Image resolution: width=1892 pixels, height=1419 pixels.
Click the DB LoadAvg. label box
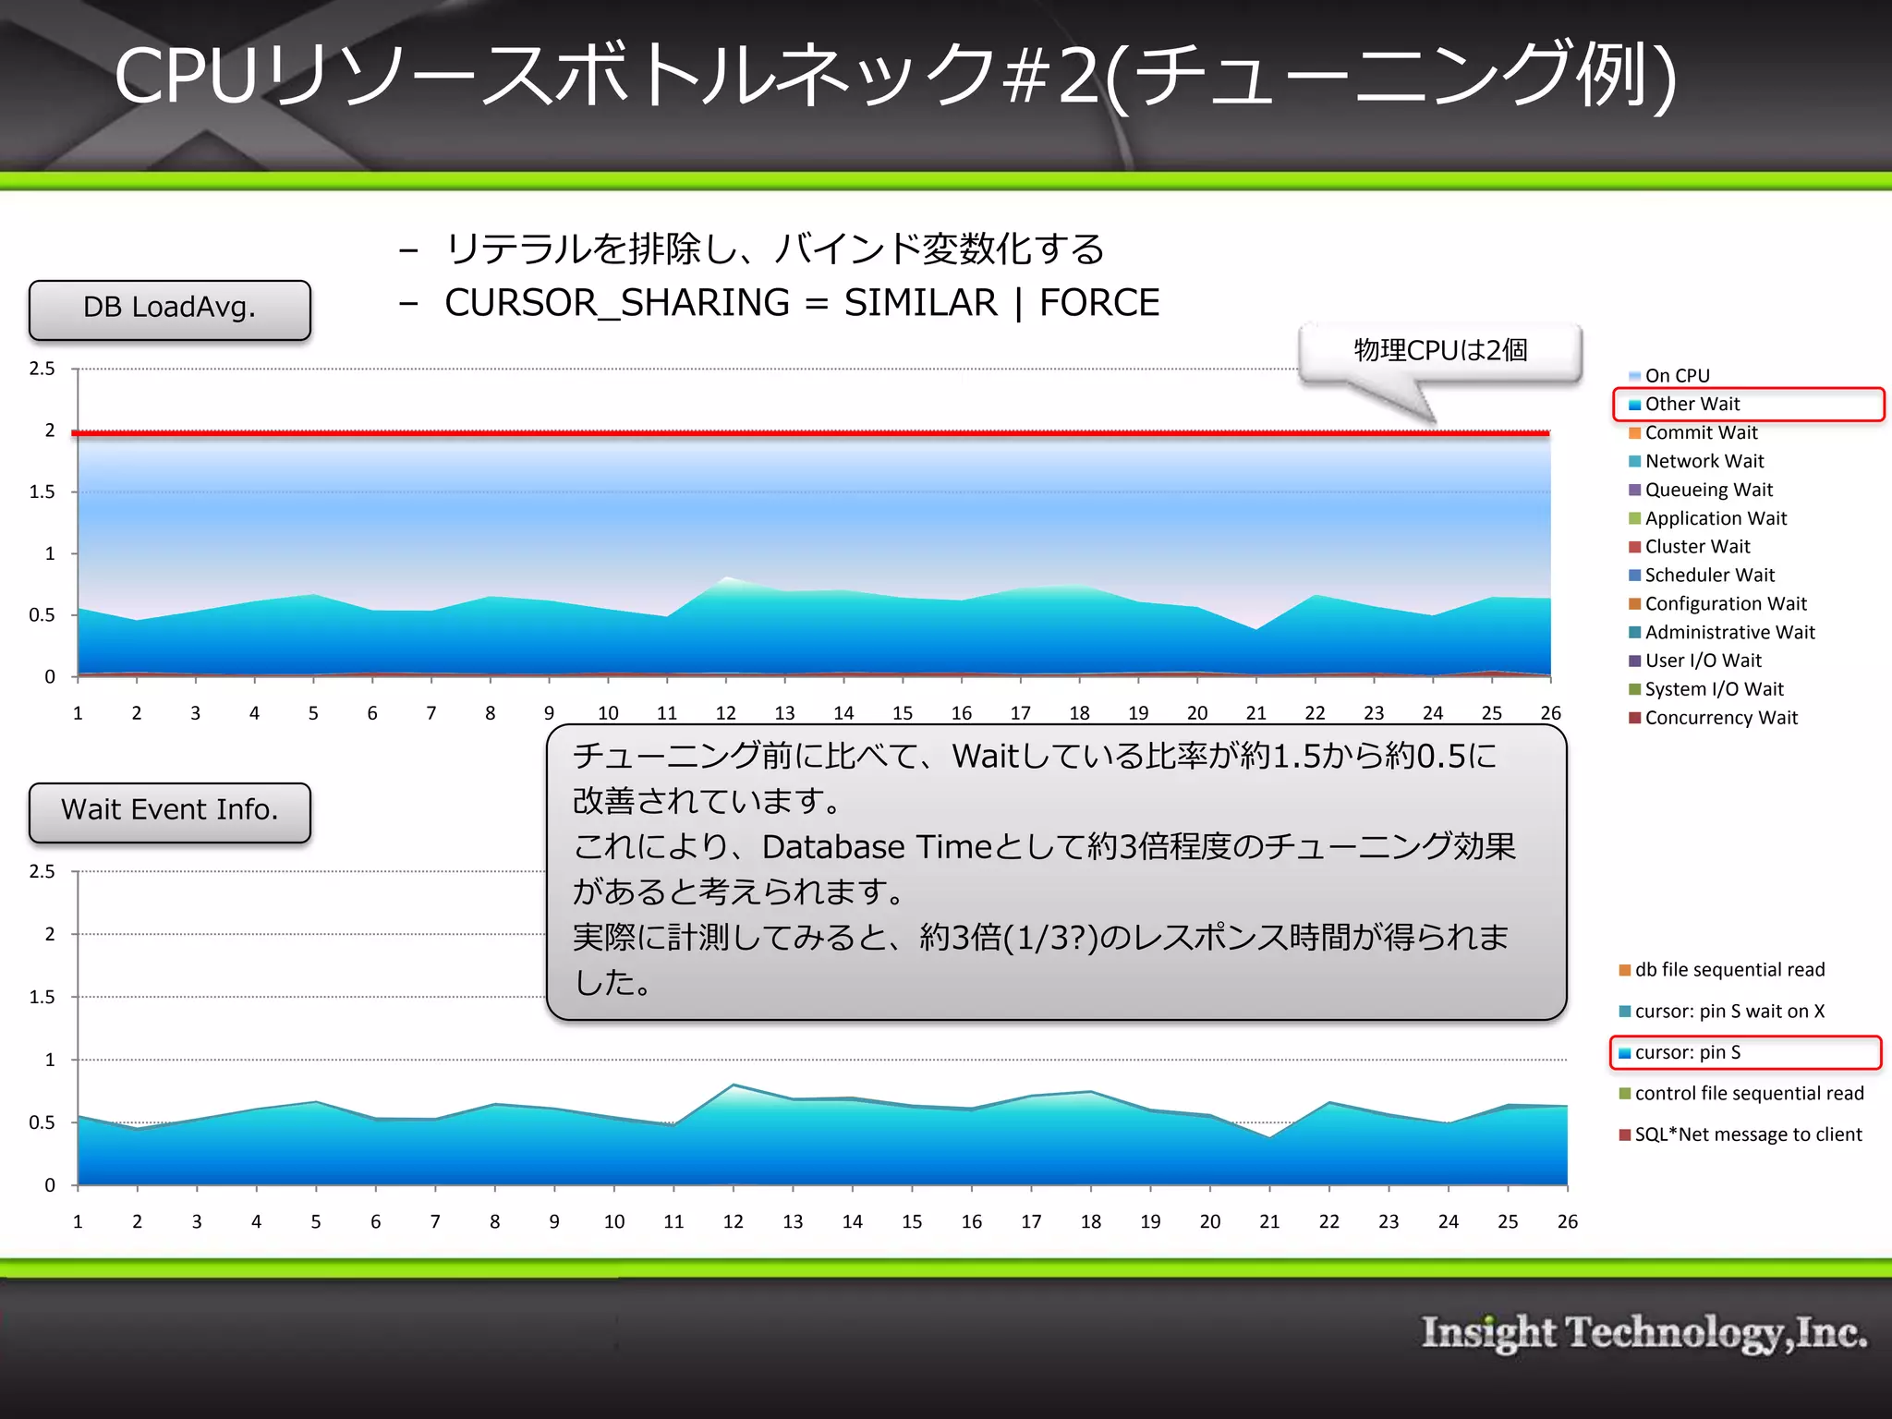[170, 309]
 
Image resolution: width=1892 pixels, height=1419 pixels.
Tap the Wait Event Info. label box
[170, 811]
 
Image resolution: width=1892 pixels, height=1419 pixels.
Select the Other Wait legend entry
[1692, 405]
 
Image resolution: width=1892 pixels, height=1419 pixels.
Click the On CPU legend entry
[1677, 376]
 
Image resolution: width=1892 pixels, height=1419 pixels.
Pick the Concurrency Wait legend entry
[1720, 718]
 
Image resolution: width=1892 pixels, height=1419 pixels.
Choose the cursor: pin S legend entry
[1687, 1052]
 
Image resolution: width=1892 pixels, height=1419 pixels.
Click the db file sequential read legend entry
[1728, 970]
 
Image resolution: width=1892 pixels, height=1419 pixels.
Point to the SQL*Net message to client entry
[1747, 1134]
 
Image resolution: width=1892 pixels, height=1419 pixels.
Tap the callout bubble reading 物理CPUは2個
[1439, 351]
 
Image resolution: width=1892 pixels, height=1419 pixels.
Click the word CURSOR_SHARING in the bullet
[617, 303]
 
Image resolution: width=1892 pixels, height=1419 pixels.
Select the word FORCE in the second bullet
[1099, 303]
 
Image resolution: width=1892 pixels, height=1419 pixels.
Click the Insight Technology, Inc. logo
[1643, 1333]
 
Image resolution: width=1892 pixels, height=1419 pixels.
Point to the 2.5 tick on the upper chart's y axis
[42, 369]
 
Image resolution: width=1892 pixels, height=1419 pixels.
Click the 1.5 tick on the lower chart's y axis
[42, 997]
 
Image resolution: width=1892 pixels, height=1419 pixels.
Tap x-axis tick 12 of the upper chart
[726, 713]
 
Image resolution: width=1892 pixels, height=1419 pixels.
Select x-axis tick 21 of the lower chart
[1269, 1221]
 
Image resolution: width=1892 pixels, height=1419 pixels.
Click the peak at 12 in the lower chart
[734, 1085]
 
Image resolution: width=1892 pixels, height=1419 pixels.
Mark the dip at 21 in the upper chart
[1256, 629]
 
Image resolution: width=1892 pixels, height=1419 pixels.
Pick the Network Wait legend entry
[1704, 462]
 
